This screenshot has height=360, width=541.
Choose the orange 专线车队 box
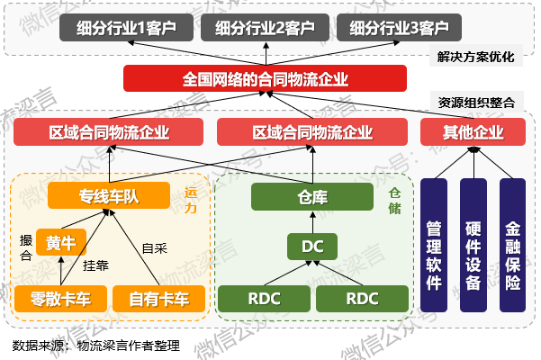tap(109, 195)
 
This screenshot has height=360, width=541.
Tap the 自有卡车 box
tap(158, 298)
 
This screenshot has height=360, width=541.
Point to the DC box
tap(311, 245)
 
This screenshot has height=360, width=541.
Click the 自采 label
tap(155, 247)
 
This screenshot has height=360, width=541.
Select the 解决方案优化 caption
tap(476, 57)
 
